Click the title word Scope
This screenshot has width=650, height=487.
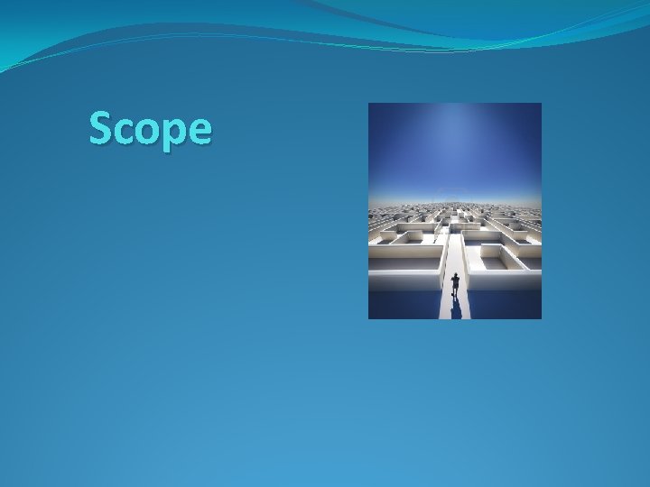[x=151, y=130]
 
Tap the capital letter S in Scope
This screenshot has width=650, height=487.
[x=100, y=129]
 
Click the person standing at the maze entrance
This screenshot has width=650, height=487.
[x=455, y=285]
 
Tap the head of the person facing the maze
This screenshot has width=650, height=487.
[x=455, y=276]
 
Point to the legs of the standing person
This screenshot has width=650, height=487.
[x=455, y=293]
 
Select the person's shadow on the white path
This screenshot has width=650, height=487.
[x=456, y=308]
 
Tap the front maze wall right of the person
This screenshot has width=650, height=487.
[x=506, y=280]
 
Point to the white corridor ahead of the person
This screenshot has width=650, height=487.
[x=454, y=253]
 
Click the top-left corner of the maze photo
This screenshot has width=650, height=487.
[x=369, y=104]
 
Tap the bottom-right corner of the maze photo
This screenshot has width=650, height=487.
[x=540, y=317]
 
